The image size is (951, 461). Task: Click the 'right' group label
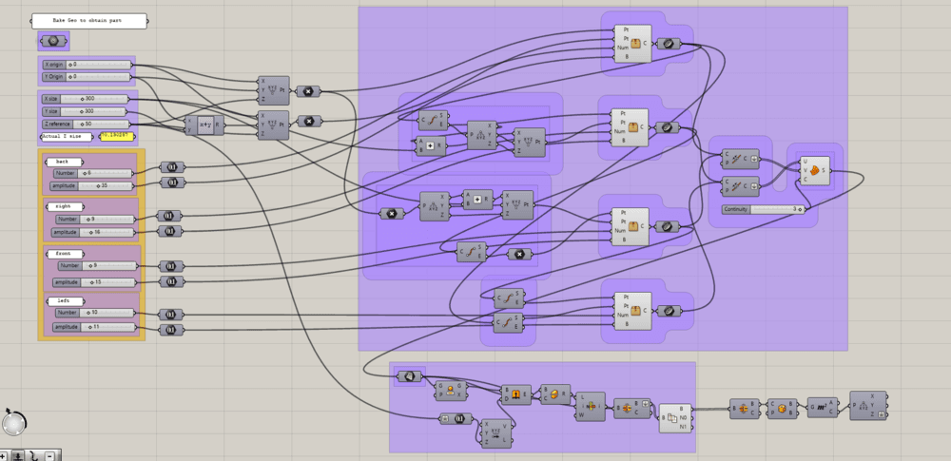tap(63, 205)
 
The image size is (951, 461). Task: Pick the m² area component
tap(821, 407)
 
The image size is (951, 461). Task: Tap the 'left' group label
tap(63, 300)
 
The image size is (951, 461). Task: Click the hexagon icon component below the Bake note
tap(52, 41)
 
